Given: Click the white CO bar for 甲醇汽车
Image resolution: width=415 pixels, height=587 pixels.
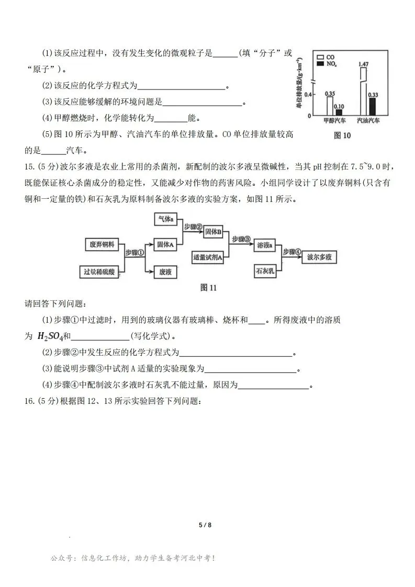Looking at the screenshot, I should coord(330,105).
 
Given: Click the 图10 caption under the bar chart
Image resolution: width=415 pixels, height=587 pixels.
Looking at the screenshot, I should coord(342,136).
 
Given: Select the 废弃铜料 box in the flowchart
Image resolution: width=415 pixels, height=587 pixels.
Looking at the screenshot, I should coord(103,244).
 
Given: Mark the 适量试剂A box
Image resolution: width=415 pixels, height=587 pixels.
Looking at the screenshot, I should coord(207,257).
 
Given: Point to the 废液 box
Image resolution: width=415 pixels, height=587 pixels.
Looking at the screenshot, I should coord(165,272).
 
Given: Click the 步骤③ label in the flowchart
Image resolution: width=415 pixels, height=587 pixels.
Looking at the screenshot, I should coord(241,239).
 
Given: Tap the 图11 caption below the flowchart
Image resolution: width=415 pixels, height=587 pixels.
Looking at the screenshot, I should coord(208,287).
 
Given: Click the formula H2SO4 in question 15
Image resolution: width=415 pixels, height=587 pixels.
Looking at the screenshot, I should coord(50,336).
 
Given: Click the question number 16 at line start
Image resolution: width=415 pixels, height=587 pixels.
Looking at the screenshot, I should coord(30,401).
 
